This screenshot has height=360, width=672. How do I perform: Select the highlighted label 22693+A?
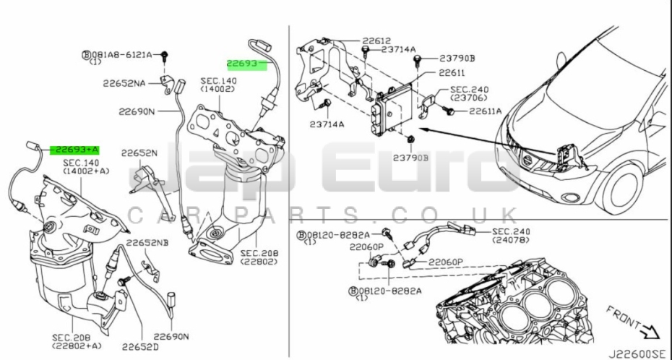[x=74, y=150]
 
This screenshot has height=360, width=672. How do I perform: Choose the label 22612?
[x=376, y=40]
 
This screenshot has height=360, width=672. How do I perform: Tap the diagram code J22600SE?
[x=639, y=352]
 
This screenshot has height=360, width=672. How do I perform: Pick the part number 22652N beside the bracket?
[x=138, y=153]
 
